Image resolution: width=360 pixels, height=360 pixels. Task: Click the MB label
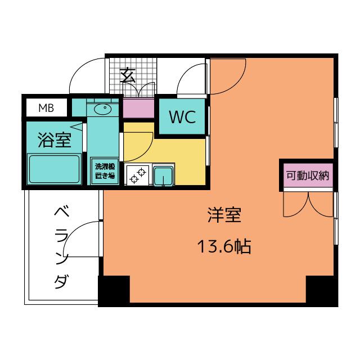(x=46, y=108)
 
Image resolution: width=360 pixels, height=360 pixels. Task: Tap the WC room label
(x=182, y=117)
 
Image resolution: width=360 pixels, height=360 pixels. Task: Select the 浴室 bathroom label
(x=55, y=140)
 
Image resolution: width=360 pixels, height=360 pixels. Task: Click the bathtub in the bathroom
(x=54, y=169)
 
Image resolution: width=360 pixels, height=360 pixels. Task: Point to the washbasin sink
(x=102, y=109)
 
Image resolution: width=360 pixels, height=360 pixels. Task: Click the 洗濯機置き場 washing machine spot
(x=105, y=171)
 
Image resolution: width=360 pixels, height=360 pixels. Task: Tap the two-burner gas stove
(x=137, y=175)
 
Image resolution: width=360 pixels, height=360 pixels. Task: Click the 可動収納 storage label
(x=308, y=175)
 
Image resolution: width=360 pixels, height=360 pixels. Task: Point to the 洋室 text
(x=224, y=215)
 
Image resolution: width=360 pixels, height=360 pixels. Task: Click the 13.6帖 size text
(x=224, y=246)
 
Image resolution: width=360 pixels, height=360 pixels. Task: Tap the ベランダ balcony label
(x=61, y=247)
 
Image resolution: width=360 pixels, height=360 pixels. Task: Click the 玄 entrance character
(x=128, y=75)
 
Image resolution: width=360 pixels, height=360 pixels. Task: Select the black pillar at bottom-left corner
(x=114, y=291)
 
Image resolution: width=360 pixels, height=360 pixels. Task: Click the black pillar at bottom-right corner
(x=322, y=291)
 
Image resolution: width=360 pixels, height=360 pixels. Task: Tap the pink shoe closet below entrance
(x=138, y=109)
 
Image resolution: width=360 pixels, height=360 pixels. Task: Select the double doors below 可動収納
(x=308, y=205)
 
